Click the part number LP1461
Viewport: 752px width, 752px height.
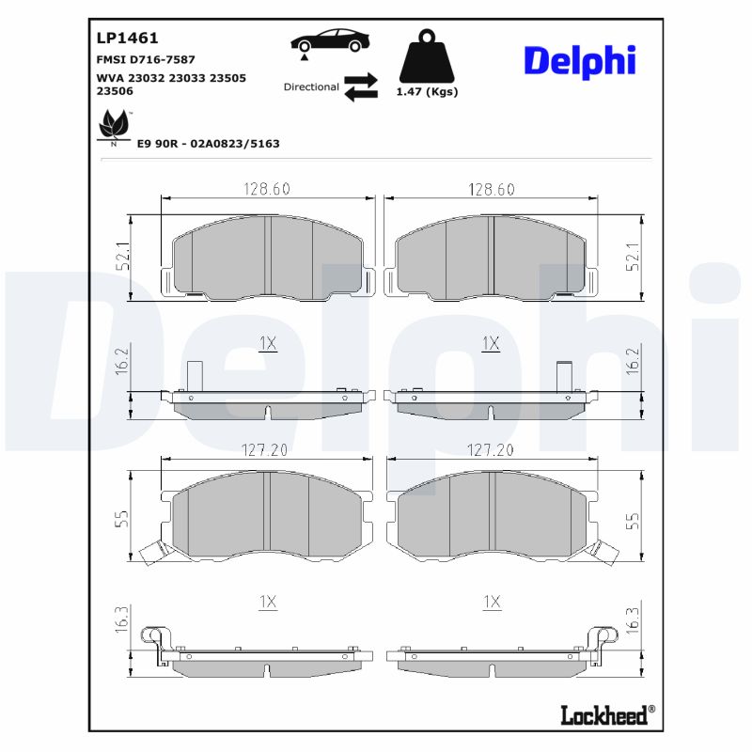point(127,39)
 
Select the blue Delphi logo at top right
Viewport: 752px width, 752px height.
point(579,60)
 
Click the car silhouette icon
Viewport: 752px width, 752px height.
point(330,41)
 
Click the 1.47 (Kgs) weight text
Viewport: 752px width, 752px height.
point(427,92)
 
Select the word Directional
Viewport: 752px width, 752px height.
point(311,86)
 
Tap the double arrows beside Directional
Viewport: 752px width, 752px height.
point(360,86)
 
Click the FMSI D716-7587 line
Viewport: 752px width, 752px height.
point(145,60)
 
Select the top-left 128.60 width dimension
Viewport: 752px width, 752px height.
point(268,189)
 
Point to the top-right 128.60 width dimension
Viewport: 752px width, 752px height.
point(492,189)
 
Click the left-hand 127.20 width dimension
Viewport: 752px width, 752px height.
point(268,450)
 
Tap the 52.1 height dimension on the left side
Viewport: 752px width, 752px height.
point(121,256)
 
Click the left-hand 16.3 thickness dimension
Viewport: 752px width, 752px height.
point(121,619)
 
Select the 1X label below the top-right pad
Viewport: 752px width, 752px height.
point(490,344)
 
